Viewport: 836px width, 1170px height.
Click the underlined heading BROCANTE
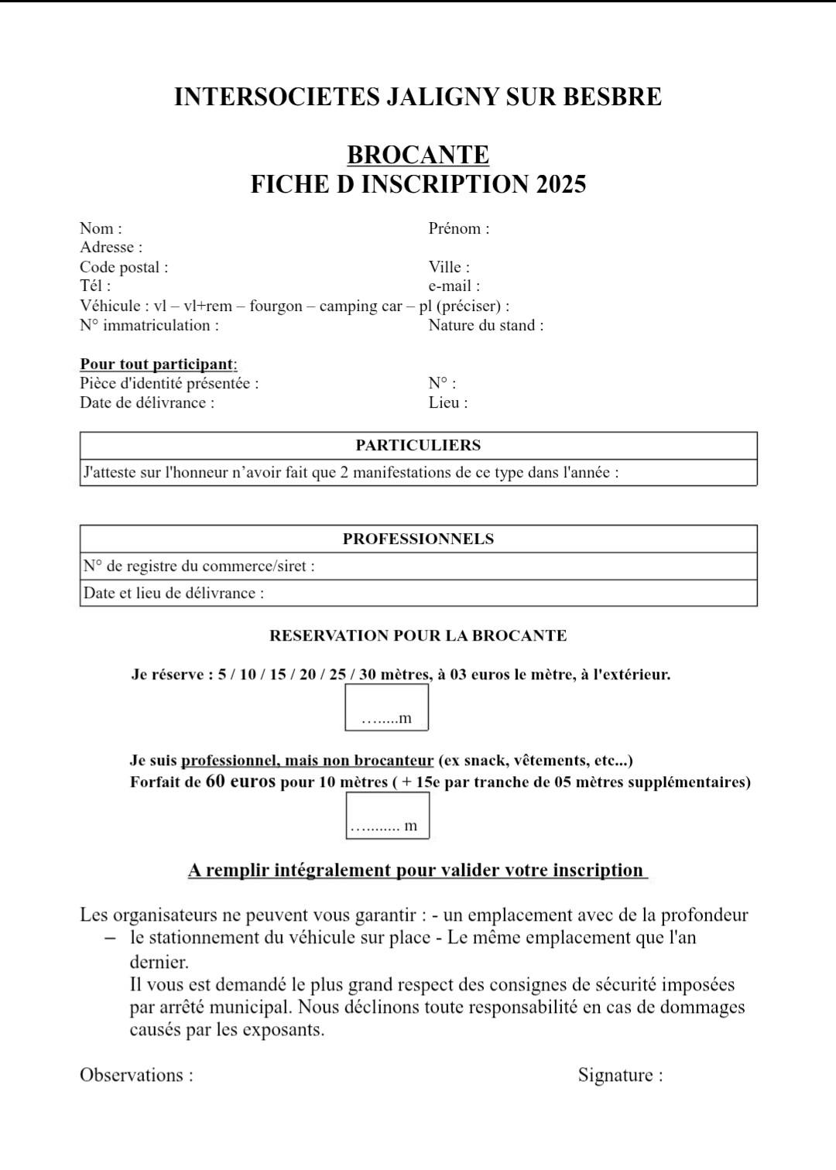tap(418, 155)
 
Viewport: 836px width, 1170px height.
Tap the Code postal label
tap(123, 267)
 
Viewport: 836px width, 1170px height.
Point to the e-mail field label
tap(454, 286)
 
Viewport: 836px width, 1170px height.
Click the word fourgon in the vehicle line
tap(276, 306)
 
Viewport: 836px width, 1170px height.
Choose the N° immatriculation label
tap(149, 325)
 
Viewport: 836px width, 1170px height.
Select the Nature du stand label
tap(485, 325)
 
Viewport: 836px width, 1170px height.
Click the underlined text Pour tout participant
tap(158, 364)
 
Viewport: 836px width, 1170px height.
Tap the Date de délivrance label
tap(146, 402)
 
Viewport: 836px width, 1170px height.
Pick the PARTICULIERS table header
tap(418, 446)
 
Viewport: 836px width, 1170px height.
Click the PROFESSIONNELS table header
tap(418, 539)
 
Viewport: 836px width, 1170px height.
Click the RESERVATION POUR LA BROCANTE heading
tap(418, 636)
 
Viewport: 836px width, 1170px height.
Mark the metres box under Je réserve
tap(386, 708)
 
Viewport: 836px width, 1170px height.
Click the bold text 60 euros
tap(241, 782)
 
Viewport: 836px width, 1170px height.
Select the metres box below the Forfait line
tap(387, 816)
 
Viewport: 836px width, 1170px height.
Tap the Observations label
tap(136, 1075)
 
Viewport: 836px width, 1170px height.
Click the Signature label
tap(620, 1075)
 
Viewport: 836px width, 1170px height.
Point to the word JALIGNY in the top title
tap(443, 97)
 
